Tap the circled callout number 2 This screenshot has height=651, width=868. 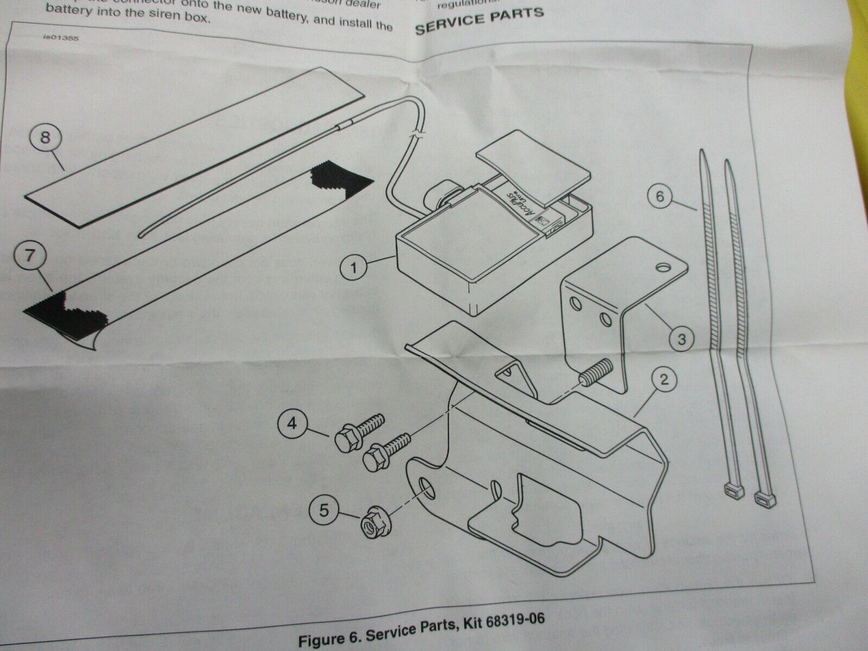tap(664, 380)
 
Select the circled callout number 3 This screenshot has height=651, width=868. tap(681, 339)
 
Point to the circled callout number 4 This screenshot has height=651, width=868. tap(292, 424)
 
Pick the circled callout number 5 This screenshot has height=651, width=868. tap(324, 511)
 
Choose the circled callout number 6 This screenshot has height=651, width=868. tap(660, 196)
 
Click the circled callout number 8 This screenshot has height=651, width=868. tap(46, 138)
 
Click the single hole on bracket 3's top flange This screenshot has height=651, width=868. tap(663, 265)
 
